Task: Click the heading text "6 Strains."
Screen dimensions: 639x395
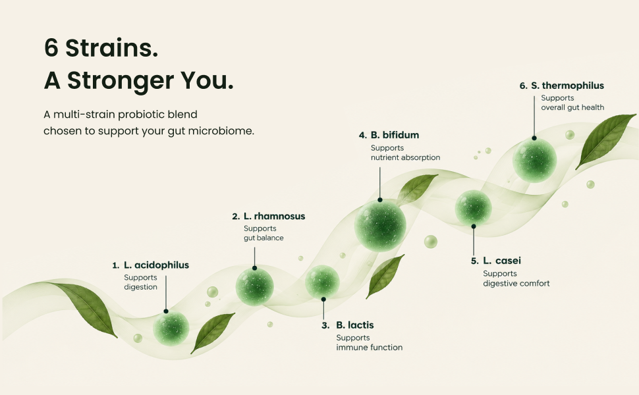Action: click(101, 48)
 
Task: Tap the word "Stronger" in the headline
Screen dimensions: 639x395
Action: click(121, 81)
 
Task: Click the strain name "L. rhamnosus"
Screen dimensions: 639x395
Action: click(274, 216)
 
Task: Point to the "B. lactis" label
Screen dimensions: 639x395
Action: click(355, 325)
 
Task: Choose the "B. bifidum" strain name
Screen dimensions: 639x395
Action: click(395, 135)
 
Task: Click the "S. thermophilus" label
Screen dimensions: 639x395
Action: click(568, 86)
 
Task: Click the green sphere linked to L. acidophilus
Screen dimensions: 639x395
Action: click(171, 328)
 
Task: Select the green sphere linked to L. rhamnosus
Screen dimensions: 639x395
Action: click(255, 286)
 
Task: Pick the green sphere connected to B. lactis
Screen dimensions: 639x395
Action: click(322, 282)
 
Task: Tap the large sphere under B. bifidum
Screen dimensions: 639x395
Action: click(380, 226)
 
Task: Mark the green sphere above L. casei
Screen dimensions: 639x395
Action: click(473, 207)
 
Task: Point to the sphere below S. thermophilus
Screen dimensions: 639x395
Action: click(534, 159)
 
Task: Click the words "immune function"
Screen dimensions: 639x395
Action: click(369, 348)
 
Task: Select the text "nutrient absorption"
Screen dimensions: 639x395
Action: click(406, 157)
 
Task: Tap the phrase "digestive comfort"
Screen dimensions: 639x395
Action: click(516, 284)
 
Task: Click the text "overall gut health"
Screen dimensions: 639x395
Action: click(572, 107)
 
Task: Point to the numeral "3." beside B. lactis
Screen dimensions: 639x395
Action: click(325, 325)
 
